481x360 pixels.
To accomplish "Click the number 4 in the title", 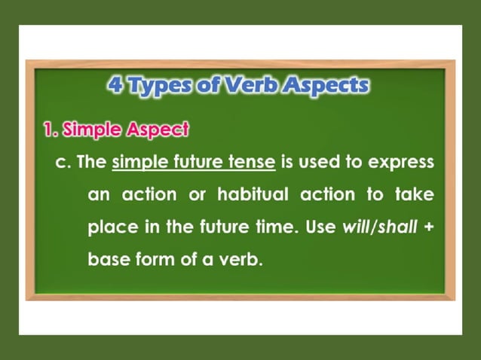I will click(116, 84).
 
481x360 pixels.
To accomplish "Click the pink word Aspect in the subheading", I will click(157, 130).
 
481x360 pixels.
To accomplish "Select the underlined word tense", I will click(254, 163).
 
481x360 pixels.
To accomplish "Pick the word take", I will click(415, 195).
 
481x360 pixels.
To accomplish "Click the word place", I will click(110, 227).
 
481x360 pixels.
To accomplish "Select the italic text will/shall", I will click(379, 227).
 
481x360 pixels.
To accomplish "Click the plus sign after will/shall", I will click(429, 227).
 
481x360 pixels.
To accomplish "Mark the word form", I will click(155, 259).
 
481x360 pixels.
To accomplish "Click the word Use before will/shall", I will click(321, 227).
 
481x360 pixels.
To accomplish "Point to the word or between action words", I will click(198, 195).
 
